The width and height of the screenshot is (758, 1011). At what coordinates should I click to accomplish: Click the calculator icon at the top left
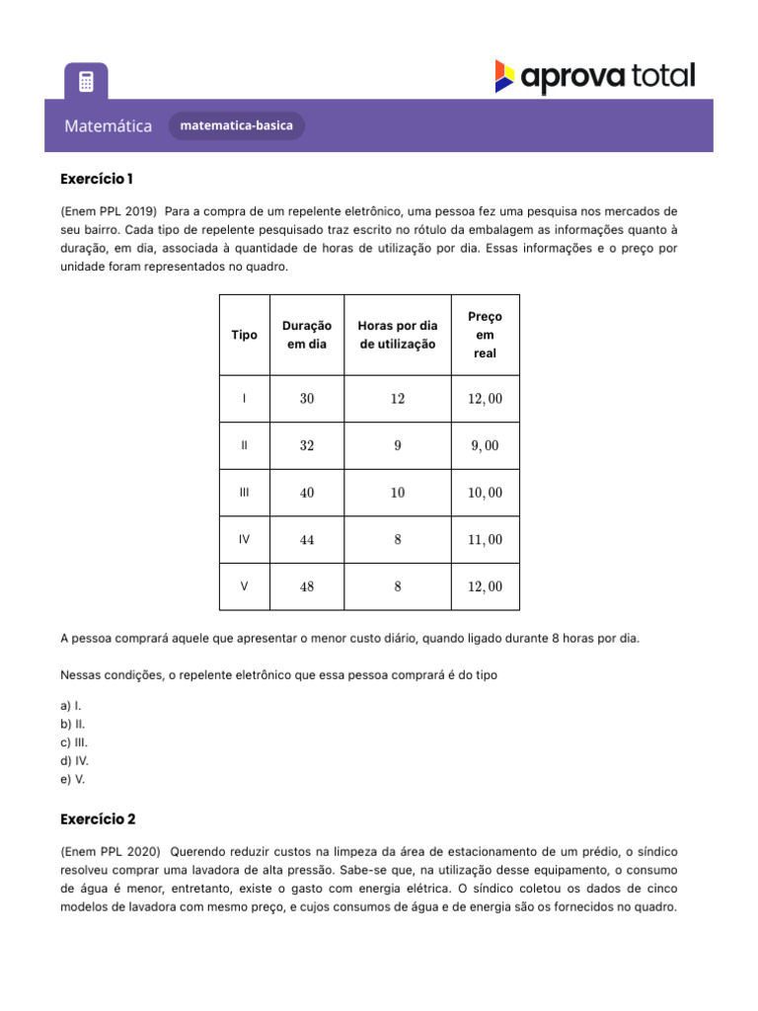tap(86, 81)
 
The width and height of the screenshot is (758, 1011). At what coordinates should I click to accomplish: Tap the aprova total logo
tap(595, 77)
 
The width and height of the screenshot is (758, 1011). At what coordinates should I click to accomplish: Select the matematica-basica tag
tap(237, 126)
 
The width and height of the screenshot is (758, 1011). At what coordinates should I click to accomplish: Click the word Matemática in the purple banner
tap(109, 126)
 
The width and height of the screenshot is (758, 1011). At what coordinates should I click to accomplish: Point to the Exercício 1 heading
tap(97, 179)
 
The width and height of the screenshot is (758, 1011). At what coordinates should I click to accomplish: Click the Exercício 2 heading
tap(98, 819)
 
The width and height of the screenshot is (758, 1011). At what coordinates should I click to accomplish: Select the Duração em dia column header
tap(307, 335)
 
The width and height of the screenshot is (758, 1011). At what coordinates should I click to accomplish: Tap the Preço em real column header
tap(485, 335)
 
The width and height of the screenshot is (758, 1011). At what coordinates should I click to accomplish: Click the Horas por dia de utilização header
tap(397, 335)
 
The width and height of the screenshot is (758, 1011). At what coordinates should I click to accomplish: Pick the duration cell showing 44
tap(307, 539)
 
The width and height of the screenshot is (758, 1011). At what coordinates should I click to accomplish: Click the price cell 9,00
tap(485, 445)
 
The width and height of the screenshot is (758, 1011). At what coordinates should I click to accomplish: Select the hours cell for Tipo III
tap(397, 493)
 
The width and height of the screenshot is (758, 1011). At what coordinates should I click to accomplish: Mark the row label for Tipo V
tap(244, 586)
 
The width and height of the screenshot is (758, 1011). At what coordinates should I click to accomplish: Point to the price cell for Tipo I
tap(485, 399)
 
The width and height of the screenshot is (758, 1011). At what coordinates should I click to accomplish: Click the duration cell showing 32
tap(307, 445)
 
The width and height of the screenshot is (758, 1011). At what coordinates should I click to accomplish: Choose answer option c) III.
tap(74, 742)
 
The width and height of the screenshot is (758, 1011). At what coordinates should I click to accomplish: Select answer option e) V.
tap(72, 779)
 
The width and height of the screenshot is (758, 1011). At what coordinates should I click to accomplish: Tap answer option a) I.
tap(71, 706)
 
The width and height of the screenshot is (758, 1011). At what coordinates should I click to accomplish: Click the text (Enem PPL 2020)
tap(109, 851)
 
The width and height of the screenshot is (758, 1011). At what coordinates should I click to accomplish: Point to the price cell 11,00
tap(485, 539)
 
